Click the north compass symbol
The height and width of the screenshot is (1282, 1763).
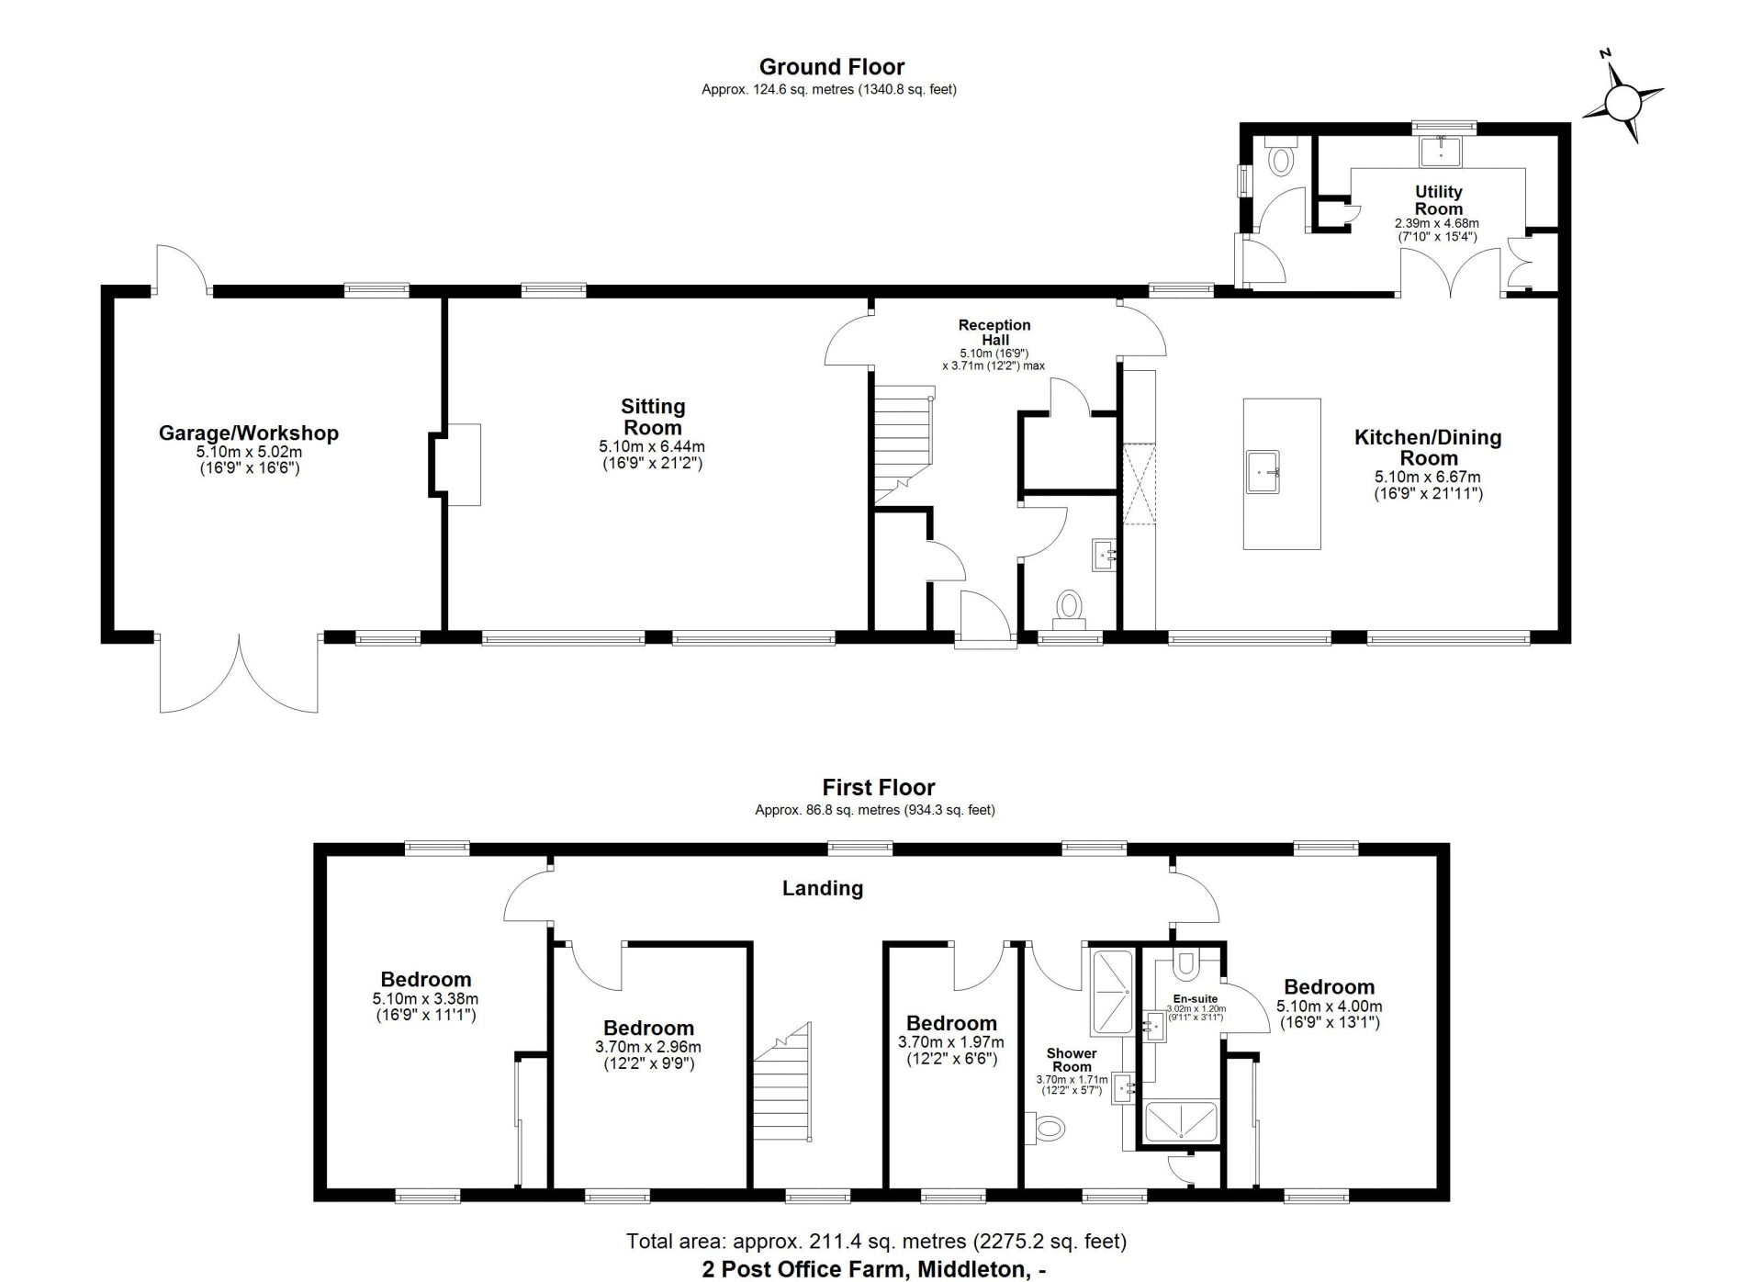click(x=1623, y=98)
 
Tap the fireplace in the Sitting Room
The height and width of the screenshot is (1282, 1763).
click(x=456, y=465)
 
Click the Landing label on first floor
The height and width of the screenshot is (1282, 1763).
click(x=823, y=888)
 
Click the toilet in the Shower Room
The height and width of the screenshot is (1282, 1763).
click(x=1045, y=1126)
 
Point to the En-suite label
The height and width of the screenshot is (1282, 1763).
click(x=1196, y=998)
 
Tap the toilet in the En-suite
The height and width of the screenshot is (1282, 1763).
click(x=1186, y=964)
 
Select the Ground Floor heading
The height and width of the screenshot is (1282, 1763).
click(x=832, y=66)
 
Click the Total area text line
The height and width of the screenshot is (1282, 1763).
click(x=876, y=1242)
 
